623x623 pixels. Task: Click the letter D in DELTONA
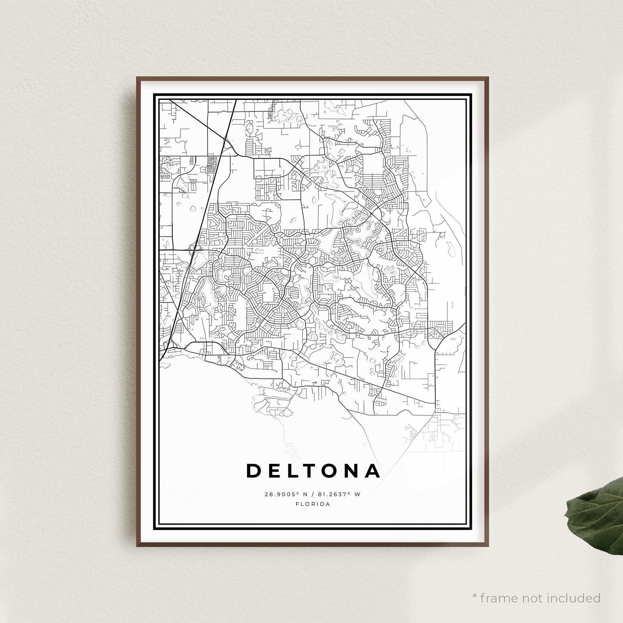click(254, 471)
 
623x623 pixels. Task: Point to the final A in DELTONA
click(373, 471)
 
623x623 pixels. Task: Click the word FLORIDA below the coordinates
click(313, 504)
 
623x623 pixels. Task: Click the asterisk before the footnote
click(475, 587)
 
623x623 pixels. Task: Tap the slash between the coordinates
click(312, 494)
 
